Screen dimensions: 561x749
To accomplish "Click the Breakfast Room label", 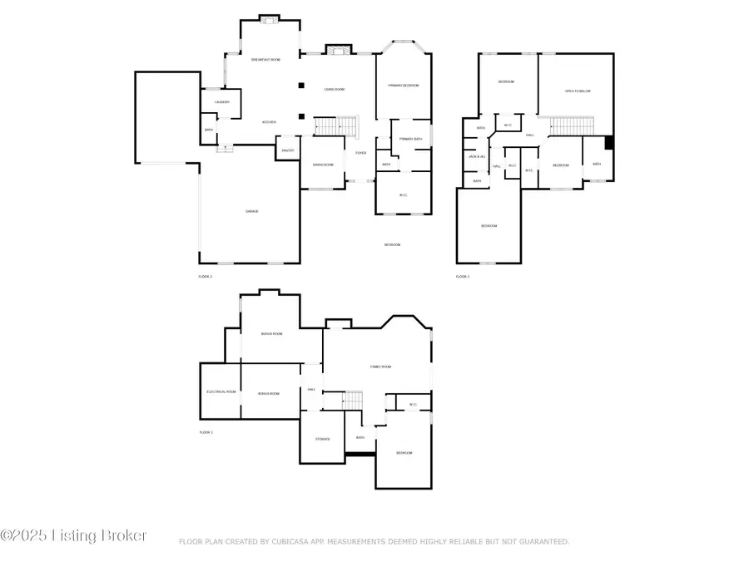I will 265,60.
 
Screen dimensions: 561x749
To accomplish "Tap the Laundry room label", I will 221,102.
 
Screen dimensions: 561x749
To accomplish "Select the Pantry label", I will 288,150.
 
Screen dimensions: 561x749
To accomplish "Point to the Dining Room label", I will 323,165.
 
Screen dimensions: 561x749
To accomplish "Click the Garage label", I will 251,211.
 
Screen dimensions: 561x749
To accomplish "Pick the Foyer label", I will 361,153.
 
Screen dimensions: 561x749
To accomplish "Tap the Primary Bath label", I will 411,139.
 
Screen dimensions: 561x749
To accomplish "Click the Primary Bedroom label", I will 404,86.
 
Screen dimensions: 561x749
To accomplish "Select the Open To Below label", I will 578,91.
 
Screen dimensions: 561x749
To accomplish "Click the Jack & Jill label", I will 476,156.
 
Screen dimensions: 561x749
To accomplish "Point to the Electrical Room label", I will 221,391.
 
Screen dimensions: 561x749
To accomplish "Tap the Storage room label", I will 323,439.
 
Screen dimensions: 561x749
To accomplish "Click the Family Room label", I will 380,367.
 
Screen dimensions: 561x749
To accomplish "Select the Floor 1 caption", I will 206,432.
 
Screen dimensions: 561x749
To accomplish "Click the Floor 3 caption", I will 462,276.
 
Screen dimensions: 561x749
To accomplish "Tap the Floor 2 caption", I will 205,276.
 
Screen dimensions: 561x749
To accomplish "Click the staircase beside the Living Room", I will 335,127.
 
